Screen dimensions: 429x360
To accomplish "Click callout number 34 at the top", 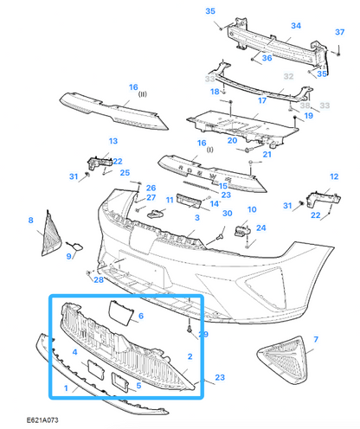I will coord(295,26).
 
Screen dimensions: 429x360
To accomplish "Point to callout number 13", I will coord(112,141).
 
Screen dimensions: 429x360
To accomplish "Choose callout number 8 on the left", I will coord(30,221).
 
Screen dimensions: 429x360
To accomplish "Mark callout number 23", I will coord(220,377).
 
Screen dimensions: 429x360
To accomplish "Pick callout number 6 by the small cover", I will coord(141,316).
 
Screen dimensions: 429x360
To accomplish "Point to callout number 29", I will coord(204,334).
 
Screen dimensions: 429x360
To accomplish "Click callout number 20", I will coord(232,141).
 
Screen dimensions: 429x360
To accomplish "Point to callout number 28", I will coord(99,280).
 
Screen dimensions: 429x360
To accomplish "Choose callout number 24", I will coord(260,228).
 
